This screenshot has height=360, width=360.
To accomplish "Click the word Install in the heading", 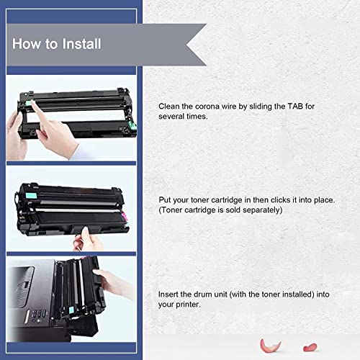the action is point(81,44).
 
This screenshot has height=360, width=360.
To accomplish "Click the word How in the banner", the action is point(27,44).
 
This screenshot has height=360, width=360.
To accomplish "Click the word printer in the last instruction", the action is point(188,305).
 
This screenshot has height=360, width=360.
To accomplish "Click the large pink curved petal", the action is point(270,346).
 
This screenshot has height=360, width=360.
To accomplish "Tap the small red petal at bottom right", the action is point(310,347).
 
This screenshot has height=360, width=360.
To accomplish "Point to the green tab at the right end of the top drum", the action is point(132,125).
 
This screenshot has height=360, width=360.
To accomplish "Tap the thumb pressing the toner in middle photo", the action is point(85,233).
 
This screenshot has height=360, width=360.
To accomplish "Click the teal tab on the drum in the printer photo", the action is point(71,310).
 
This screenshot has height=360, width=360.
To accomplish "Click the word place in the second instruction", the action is point(324,200).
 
